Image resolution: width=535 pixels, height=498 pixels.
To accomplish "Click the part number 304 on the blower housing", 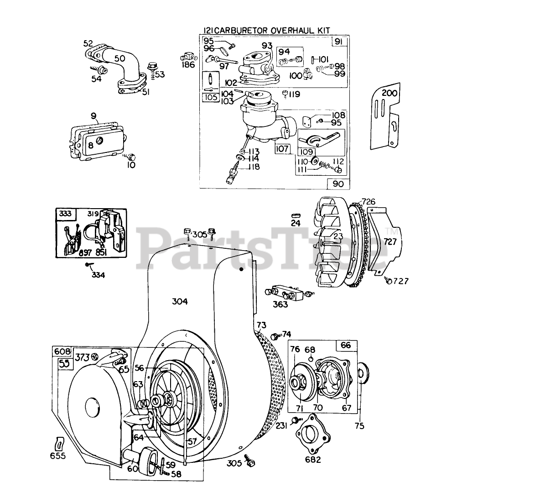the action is [x=180, y=301].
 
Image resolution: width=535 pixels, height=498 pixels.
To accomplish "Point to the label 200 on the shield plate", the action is [x=390, y=94].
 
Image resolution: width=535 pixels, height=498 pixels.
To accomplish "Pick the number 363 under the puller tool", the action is [x=280, y=304].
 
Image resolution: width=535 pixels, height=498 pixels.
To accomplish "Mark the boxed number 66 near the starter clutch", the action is [x=346, y=346].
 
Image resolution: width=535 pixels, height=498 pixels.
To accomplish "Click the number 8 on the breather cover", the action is [x=91, y=146].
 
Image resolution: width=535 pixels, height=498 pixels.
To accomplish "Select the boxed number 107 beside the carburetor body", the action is [x=283, y=148].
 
